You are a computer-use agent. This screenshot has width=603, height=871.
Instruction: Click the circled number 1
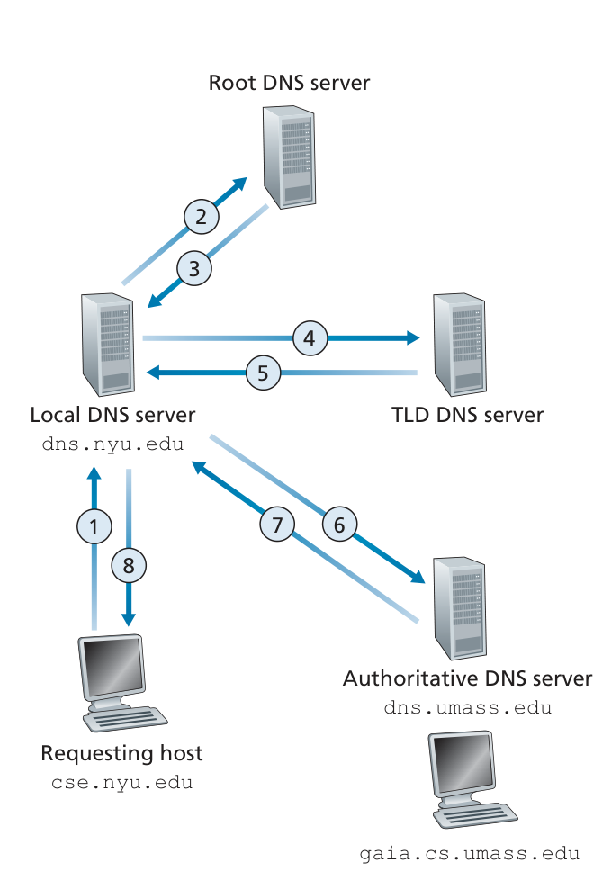(x=94, y=525)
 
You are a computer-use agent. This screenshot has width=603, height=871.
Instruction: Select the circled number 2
(x=202, y=216)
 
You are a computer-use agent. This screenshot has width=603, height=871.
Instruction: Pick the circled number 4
(x=310, y=338)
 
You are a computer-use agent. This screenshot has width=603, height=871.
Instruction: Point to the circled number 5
(x=263, y=372)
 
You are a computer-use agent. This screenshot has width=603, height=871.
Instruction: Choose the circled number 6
(x=339, y=525)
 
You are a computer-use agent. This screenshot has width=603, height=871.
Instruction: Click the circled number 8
(x=129, y=565)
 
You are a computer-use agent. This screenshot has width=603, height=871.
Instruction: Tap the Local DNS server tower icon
(x=107, y=339)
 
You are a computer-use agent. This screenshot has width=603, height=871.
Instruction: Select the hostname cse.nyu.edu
(x=121, y=783)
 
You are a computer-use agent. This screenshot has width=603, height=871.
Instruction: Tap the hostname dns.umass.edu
(x=467, y=707)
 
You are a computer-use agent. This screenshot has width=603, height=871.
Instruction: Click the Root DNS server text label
(x=289, y=84)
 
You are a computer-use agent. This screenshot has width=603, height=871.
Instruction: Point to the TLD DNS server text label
(x=467, y=415)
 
